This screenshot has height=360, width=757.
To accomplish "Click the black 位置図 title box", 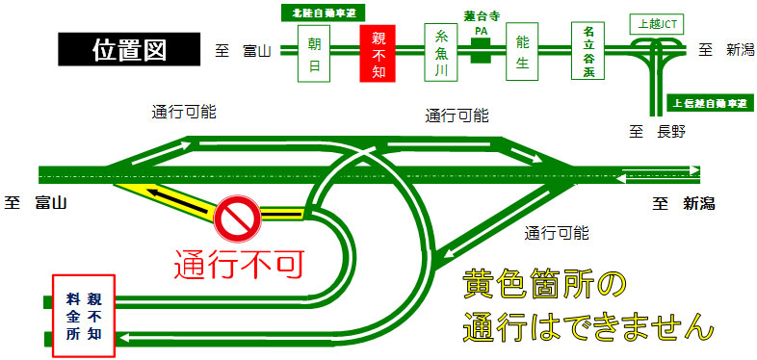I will (x=129, y=48).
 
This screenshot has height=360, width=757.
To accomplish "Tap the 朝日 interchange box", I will (x=314, y=54).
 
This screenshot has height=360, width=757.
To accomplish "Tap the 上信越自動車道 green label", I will (x=707, y=102).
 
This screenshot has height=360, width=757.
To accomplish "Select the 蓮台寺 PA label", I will (x=479, y=23).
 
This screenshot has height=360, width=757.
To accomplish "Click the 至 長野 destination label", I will (x=652, y=132).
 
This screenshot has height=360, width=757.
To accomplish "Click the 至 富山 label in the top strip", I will (x=242, y=49).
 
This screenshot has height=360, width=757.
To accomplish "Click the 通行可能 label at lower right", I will (x=557, y=233).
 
